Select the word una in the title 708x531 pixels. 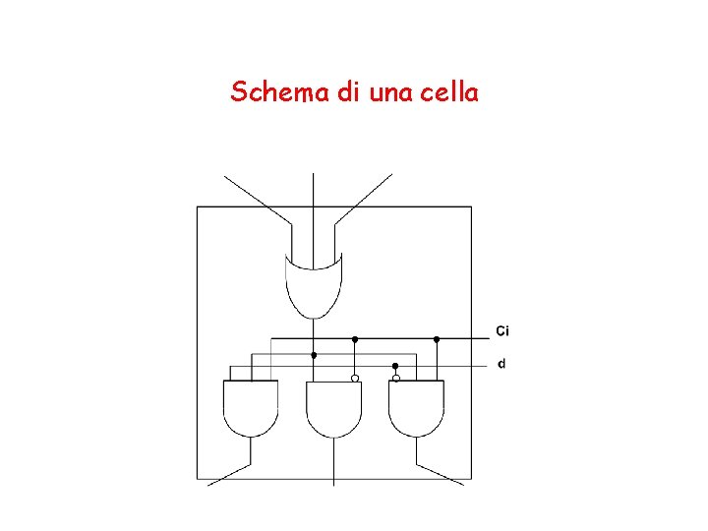[390, 92]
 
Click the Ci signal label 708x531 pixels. [501, 329]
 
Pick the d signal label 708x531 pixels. [501, 364]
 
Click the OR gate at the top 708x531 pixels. [314, 285]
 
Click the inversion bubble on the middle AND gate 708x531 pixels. [355, 378]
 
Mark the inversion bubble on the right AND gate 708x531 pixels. [396, 378]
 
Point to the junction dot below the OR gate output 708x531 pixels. [314, 354]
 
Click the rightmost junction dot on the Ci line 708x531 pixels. [437, 339]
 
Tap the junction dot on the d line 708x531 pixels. [395, 365]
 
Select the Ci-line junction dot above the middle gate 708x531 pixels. [355, 339]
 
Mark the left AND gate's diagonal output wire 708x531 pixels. [230, 474]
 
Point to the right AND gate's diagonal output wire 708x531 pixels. [440, 474]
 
